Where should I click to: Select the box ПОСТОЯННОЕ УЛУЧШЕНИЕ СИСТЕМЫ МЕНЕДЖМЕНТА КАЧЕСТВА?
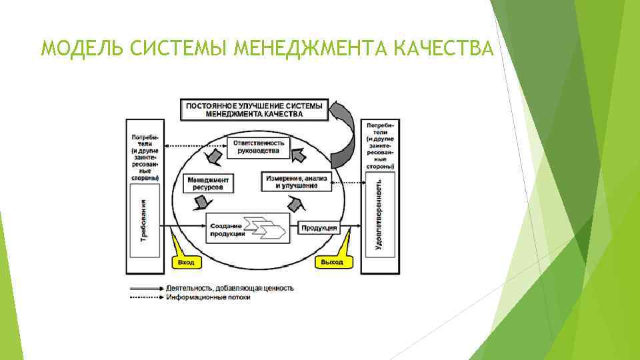pyautogui.click(x=255, y=110)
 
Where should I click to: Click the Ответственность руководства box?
pyautogui.click(x=259, y=147)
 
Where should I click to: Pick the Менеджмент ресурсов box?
pyautogui.click(x=208, y=184)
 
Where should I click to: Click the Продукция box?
pyautogui.click(x=319, y=228)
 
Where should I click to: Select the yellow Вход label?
pyautogui.click(x=187, y=263)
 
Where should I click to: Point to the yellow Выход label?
pyautogui.click(x=331, y=263)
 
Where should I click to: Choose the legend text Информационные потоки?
pyautogui.click(x=209, y=297)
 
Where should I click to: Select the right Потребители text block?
pyautogui.click(x=379, y=143)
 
